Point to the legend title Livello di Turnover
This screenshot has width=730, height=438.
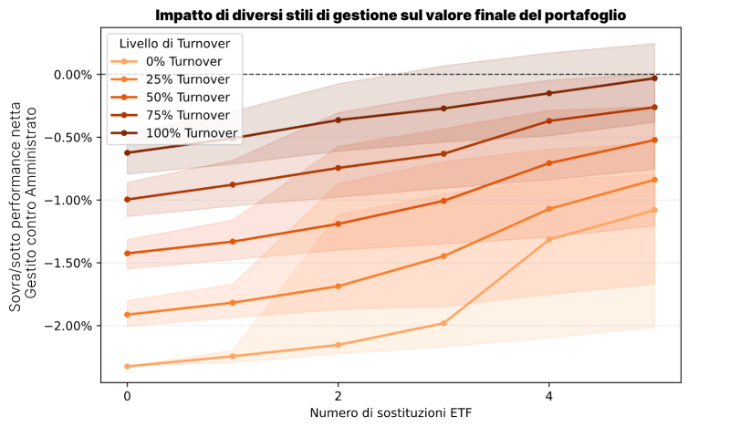(x=174, y=44)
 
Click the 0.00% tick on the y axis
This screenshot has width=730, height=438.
(x=73, y=74)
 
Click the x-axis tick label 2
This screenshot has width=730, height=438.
(x=338, y=397)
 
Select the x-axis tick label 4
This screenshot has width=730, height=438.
(x=548, y=397)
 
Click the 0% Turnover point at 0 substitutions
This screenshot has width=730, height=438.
(x=127, y=366)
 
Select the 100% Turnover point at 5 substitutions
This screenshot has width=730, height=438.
(x=654, y=78)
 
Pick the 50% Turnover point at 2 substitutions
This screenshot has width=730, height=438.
(x=338, y=224)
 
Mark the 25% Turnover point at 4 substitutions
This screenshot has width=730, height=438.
(x=548, y=209)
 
